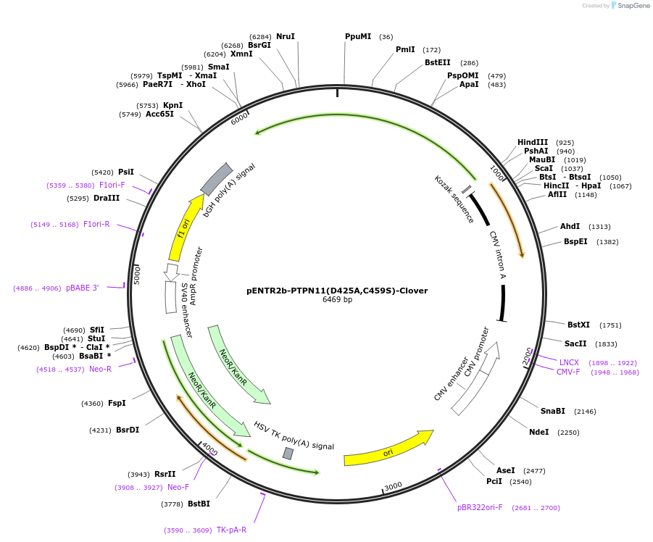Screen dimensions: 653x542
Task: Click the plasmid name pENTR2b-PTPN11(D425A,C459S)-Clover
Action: point(337,291)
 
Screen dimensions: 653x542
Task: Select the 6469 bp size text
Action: point(337,299)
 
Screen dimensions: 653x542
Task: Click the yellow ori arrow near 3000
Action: point(388,449)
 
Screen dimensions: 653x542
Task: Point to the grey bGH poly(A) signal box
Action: point(217,179)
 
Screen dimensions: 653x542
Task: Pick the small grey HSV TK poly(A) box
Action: point(288,453)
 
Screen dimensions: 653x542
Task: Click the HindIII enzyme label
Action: point(533,142)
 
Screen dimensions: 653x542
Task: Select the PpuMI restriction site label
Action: point(358,37)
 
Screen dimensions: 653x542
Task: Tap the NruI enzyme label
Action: point(286,37)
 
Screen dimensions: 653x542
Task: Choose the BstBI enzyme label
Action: point(199,504)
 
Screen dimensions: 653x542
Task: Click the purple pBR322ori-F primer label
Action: point(480,507)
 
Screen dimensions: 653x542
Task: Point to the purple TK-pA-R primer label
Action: point(231,530)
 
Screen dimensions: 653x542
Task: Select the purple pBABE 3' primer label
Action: point(83,288)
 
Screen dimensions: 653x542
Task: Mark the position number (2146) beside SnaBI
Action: point(585,412)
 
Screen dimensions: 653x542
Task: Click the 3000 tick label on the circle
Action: point(393,486)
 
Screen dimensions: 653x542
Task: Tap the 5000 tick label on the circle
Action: point(137,275)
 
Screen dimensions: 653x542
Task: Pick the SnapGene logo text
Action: point(633,5)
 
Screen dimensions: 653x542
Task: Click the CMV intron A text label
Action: point(497,255)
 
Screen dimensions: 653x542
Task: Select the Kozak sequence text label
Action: point(454,199)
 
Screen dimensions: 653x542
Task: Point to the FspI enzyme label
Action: point(117,403)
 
